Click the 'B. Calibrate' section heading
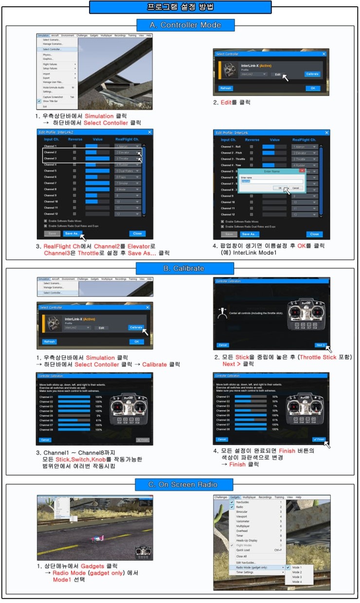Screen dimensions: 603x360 tap(180, 268)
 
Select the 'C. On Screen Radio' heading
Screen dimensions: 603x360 tap(180, 484)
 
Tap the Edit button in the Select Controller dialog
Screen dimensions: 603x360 tap(277, 74)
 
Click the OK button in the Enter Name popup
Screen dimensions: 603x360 tap(280, 187)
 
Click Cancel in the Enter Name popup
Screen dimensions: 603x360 tap(295, 187)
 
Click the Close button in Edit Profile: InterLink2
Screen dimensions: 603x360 tap(137, 233)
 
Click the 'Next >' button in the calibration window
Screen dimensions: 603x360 tap(320, 345)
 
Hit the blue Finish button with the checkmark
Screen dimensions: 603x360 tap(319, 439)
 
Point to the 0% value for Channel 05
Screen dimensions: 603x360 tap(99, 416)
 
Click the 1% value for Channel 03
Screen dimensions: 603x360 tap(275, 406)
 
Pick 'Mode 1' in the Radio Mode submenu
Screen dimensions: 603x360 tap(297, 568)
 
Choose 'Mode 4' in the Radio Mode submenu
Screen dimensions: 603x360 tap(297, 582)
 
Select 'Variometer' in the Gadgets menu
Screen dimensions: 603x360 tap(243, 521)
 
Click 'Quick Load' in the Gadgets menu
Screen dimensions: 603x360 tap(244, 550)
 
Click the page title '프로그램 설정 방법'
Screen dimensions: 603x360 tap(180, 7)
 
